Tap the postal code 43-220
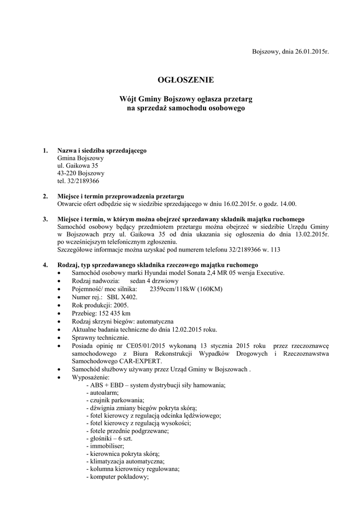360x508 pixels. (x=67, y=173)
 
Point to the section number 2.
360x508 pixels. (x=45, y=196)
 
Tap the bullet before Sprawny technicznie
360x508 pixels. (x=60, y=337)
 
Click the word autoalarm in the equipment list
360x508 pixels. (x=104, y=393)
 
